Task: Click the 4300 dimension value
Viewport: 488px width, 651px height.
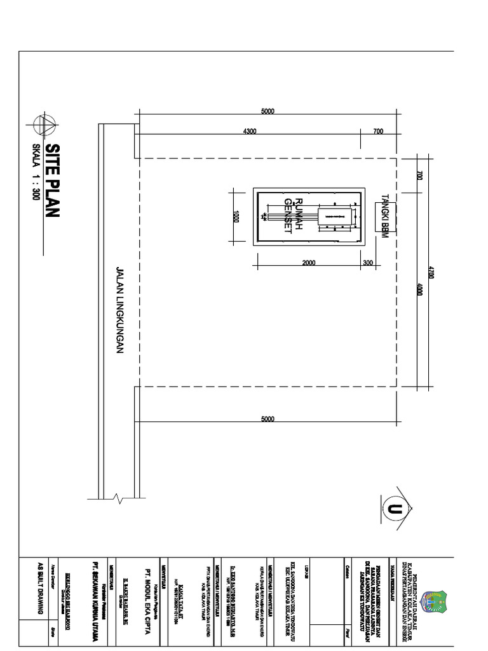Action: [249, 132]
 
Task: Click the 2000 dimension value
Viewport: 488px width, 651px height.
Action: [309, 263]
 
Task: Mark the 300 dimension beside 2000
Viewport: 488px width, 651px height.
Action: [368, 263]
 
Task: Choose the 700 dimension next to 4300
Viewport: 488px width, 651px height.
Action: [379, 132]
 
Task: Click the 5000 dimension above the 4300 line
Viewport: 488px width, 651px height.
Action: [268, 112]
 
